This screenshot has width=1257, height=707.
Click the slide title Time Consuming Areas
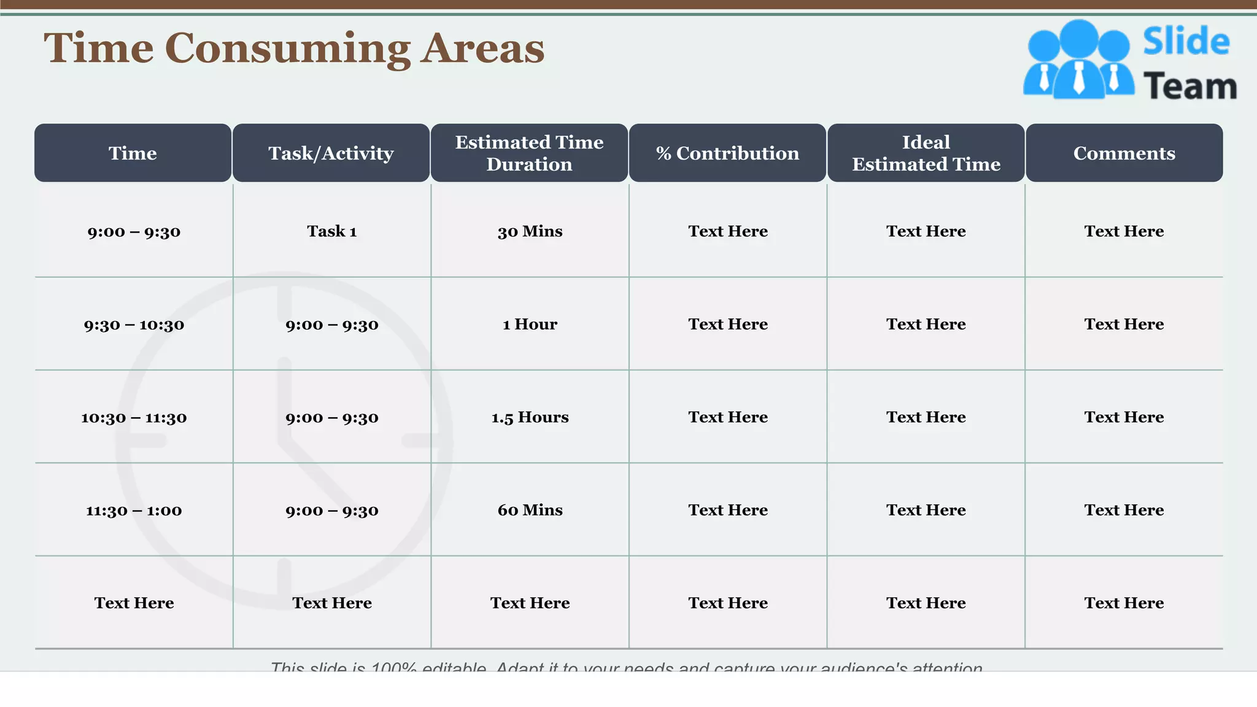click(293, 48)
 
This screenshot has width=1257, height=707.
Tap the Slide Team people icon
click(1078, 60)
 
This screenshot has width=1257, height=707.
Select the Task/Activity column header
click(331, 153)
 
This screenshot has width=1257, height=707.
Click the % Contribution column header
click(727, 153)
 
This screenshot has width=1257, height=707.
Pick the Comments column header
click(1124, 153)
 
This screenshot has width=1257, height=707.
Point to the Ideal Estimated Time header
click(926, 153)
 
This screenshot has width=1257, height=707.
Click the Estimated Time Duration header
click(529, 153)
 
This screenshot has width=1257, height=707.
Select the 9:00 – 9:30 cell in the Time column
click(134, 232)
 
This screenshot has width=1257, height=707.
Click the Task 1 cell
click(331, 231)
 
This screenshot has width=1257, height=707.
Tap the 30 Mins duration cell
click(530, 231)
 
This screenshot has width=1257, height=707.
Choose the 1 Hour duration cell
click(530, 324)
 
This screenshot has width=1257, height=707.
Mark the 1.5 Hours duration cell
click(530, 417)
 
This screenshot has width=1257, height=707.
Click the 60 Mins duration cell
click(530, 510)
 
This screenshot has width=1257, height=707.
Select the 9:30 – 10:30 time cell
click(134, 325)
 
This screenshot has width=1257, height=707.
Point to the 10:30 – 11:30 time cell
click(134, 418)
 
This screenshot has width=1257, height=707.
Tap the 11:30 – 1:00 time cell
click(134, 511)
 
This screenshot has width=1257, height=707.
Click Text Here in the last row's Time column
click(134, 603)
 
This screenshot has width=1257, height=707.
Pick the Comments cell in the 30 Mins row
click(1124, 231)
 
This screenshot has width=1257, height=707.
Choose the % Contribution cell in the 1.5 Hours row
click(728, 417)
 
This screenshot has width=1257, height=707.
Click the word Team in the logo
click(1189, 86)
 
